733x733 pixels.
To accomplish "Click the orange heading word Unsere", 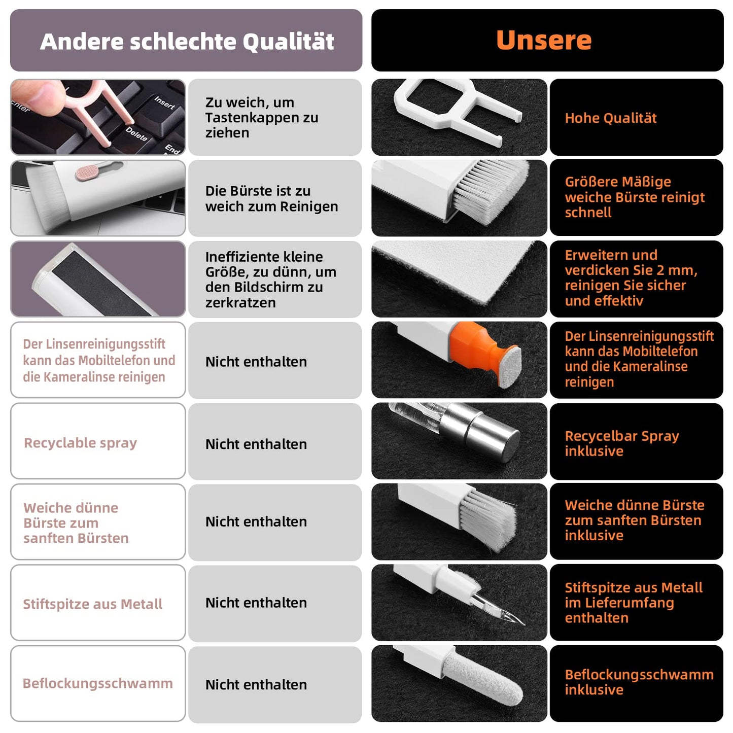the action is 544,40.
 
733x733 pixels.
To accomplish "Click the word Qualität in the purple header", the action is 288,41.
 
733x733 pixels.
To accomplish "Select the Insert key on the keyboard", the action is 164,103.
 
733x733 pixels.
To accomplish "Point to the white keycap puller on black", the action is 457,109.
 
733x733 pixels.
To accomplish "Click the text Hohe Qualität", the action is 611,118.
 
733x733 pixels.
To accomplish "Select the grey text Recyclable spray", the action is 80,443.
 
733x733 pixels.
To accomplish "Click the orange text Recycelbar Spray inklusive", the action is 622,443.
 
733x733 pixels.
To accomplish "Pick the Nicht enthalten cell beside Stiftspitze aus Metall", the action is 274,603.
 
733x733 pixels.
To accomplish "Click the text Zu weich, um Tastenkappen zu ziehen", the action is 262,118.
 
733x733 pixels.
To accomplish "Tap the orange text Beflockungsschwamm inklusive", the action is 639,682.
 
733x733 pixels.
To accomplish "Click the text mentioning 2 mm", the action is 631,277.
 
